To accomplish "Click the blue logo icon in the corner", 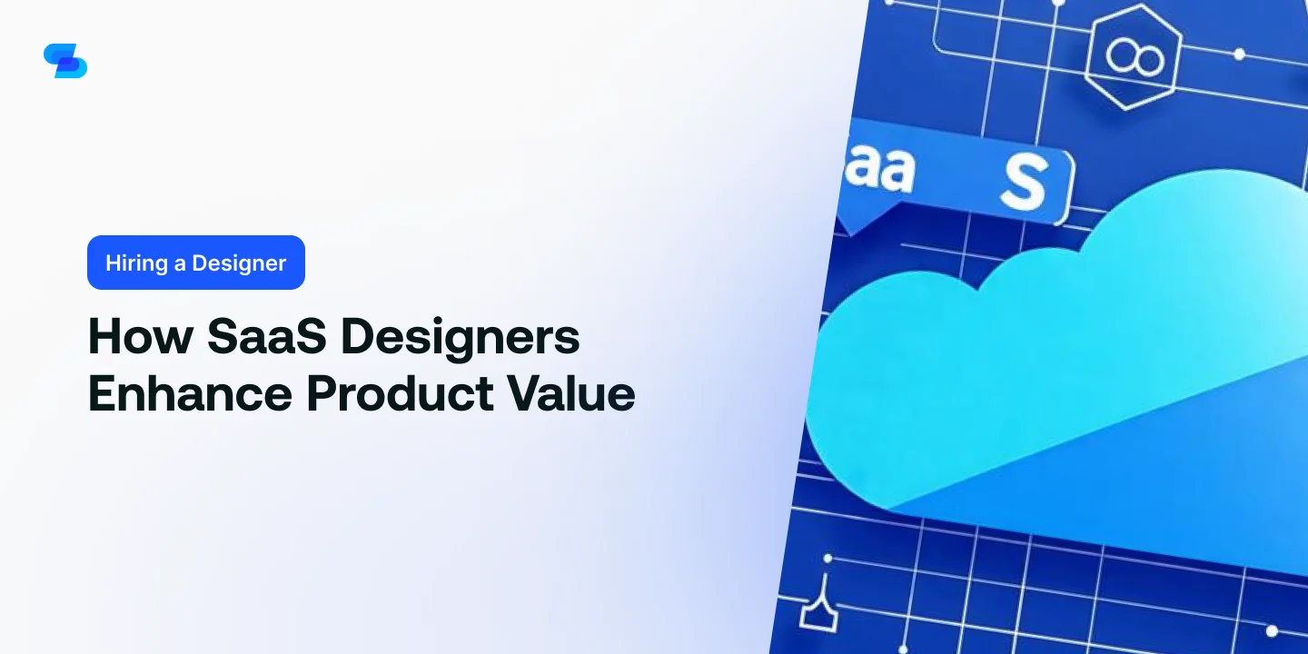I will [65, 61].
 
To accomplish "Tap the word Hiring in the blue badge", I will [137, 263].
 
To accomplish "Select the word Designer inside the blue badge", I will [239, 263].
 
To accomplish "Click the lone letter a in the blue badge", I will [180, 264].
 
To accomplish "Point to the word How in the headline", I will [140, 338].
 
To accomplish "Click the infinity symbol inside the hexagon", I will [1135, 60].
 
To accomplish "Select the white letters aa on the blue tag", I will [879, 170].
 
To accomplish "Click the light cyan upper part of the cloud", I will [1090, 300].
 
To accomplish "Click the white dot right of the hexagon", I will [1239, 54].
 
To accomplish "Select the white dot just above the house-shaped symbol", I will [827, 558].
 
